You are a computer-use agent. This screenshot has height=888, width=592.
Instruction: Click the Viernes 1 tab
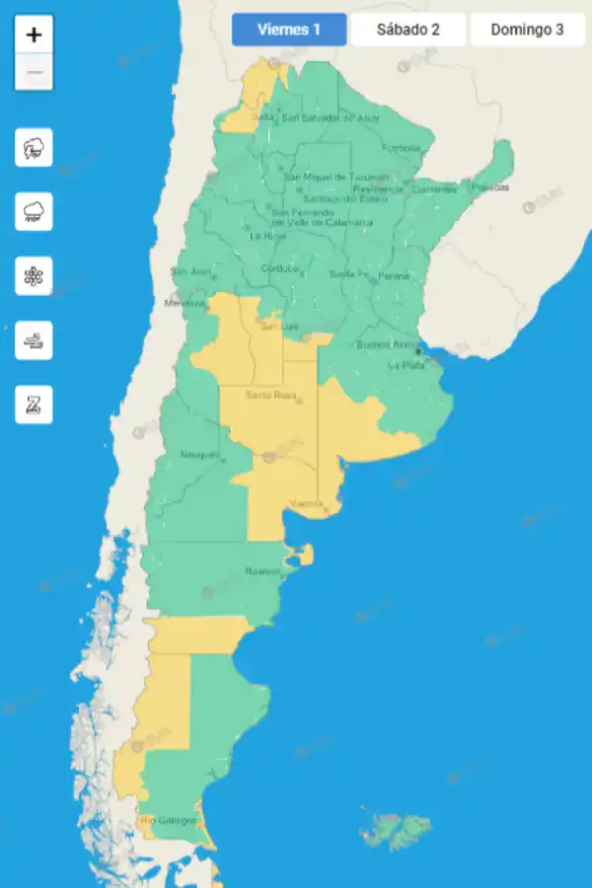point(289,30)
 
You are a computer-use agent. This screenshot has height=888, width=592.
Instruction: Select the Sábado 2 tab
point(407,30)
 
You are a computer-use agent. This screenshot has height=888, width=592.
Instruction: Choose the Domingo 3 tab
point(527,30)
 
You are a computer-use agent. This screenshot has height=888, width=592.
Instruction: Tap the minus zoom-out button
point(35,72)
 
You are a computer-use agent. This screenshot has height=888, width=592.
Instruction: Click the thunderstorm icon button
point(34,149)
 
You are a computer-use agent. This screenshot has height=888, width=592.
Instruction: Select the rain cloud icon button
point(34,212)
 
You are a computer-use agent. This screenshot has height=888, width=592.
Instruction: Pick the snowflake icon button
point(34,276)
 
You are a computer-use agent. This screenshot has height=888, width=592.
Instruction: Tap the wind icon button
point(34,340)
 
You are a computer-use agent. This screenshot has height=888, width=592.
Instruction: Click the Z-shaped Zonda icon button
point(34,405)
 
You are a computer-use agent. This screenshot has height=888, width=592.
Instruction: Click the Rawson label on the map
point(262,571)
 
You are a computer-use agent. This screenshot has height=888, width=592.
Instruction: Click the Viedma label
point(306,504)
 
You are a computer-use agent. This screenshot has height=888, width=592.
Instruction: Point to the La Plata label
point(405,366)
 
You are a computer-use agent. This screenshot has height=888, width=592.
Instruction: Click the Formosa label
point(401,149)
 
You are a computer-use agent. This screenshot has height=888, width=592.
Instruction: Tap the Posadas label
point(489,186)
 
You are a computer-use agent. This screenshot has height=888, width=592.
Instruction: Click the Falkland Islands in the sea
point(397,830)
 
